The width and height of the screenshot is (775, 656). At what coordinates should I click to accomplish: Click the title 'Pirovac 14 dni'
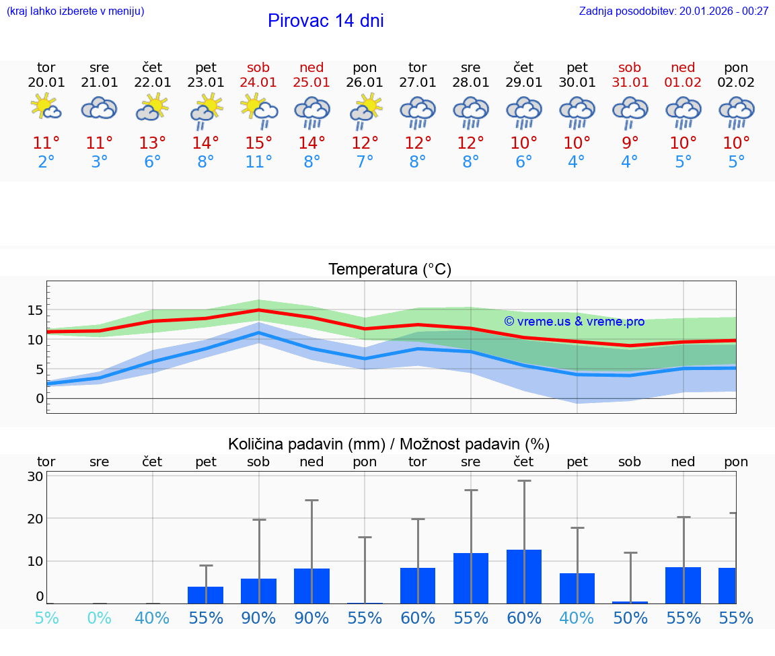pos(326,21)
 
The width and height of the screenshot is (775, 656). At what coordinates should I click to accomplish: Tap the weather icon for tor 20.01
pos(46,108)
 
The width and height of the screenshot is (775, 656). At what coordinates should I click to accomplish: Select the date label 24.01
pos(258,82)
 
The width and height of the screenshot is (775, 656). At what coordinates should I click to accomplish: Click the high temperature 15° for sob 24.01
pos(258,143)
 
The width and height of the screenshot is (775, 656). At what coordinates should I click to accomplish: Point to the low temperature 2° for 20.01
pos(46,161)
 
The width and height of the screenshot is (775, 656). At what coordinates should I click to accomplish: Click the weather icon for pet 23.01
pos(206,110)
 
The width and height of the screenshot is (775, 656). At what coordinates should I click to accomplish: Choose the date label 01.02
pos(683,82)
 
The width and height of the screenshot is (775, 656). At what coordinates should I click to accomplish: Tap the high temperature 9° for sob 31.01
pos(630,143)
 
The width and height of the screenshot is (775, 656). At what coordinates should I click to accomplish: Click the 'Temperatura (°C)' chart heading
pos(390,270)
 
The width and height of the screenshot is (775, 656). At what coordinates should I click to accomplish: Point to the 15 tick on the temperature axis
pos(36,310)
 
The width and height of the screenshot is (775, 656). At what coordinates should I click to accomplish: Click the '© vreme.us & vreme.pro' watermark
pos(574,322)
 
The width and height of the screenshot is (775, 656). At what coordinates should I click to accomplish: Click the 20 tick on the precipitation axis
pos(36,519)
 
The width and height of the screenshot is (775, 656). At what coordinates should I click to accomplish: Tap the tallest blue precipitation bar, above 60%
pos(524,576)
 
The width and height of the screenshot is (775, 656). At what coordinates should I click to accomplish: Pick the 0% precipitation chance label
pos(99,618)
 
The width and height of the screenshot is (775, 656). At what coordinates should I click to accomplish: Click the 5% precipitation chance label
pos(46,618)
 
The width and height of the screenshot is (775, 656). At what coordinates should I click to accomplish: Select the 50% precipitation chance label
pos(630,618)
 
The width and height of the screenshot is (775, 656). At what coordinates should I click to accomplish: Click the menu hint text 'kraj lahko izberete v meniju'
pos(75,11)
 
